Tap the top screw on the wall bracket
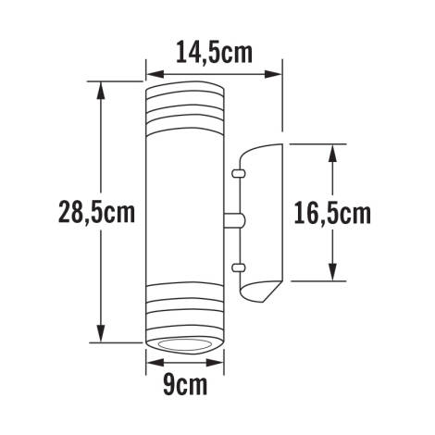(239, 172)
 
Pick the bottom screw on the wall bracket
(239, 268)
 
